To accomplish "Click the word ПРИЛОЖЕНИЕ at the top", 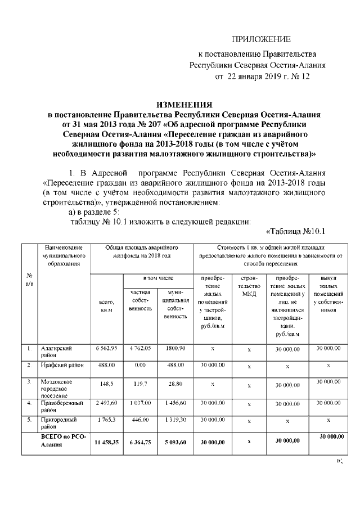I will pyautogui.click(x=262, y=39).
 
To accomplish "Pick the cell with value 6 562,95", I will pyautogui.click(x=106, y=349).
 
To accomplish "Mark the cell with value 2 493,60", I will pyautogui.click(x=106, y=403).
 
